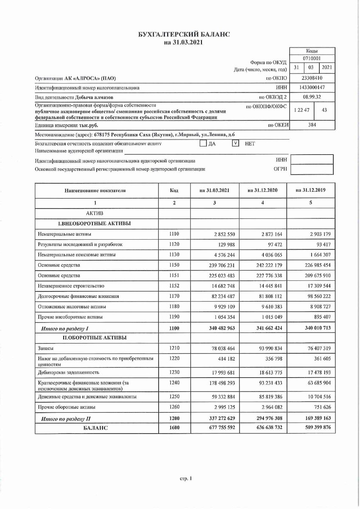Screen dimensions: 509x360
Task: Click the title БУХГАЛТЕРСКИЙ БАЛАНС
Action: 181,35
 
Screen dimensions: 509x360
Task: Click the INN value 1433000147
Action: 312,88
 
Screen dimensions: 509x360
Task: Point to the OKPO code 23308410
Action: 312,78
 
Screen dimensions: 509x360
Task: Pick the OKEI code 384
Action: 312,125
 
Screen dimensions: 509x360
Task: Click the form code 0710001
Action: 312,58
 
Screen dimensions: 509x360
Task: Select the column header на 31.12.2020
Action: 262,191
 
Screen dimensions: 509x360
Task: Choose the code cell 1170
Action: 174,296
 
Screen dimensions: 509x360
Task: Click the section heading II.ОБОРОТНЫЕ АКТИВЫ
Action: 94,338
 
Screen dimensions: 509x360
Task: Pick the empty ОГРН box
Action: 312,170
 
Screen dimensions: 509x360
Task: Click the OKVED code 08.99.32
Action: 312,97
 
